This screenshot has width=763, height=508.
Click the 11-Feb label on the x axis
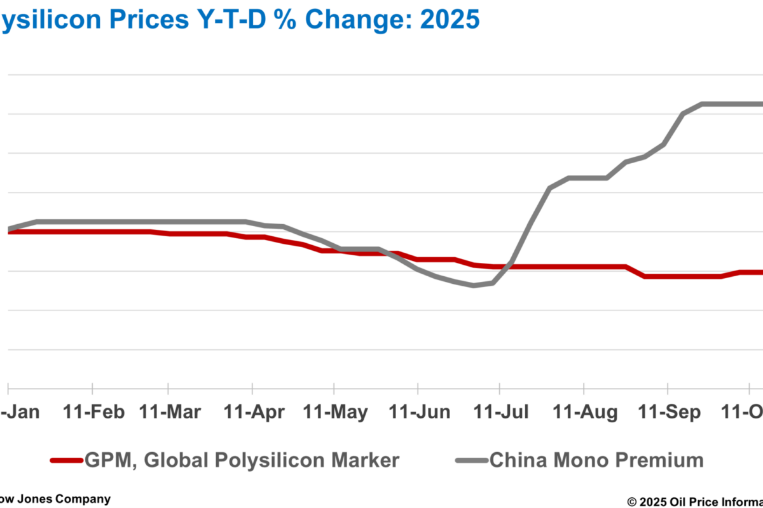coord(93,412)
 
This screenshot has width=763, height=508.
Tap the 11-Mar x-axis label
coord(170,412)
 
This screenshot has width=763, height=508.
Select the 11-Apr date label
coord(253,412)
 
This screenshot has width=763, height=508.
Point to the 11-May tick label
coord(336,412)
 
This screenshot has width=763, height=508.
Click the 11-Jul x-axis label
coord(500,412)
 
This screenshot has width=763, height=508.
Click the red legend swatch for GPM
coord(66,460)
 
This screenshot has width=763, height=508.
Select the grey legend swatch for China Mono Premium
coord(471,460)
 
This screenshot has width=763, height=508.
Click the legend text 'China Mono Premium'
coord(596,460)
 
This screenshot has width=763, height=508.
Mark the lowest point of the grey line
coord(474,285)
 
